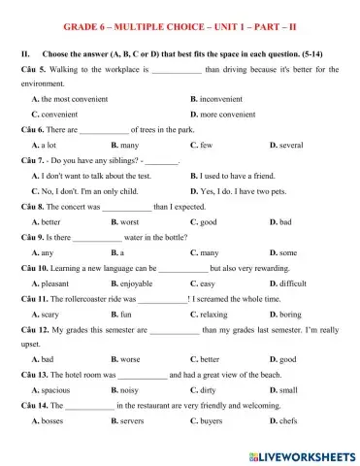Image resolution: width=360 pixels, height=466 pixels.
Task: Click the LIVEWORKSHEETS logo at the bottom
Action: (x=302, y=455)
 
